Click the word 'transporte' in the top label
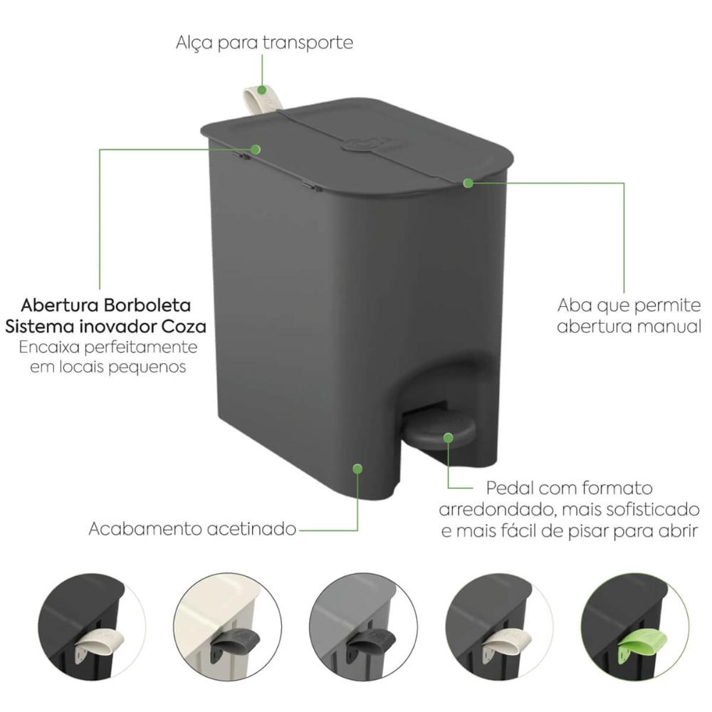pyautogui.click(x=308, y=43)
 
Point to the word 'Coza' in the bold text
pyautogui.click(x=186, y=327)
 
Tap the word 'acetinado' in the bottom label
pyautogui.click(x=251, y=529)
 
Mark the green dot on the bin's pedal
pyautogui.click(x=448, y=438)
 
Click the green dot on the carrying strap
pyautogui.click(x=262, y=90)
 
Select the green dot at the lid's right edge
pyautogui.click(x=468, y=183)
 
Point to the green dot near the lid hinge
pyautogui.click(x=256, y=149)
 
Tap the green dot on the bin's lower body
pyautogui.click(x=358, y=468)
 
